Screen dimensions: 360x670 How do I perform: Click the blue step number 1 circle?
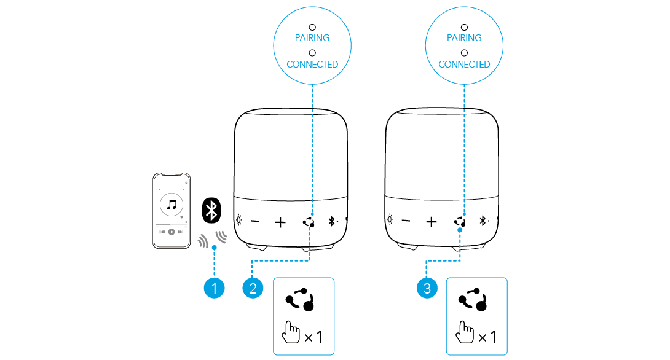pos(215,287)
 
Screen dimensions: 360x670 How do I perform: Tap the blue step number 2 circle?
pos(253,287)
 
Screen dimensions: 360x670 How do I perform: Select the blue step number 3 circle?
pos(427,287)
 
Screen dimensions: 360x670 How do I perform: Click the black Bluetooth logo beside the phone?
pos(212,211)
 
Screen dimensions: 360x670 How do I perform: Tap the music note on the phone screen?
pos(171,205)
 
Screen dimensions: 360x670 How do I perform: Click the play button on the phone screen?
pos(171,232)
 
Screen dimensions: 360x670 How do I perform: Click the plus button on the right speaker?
pos(432,221)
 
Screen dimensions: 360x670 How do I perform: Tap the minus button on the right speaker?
pos(406,221)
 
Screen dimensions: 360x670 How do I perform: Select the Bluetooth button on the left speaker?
pos(332,221)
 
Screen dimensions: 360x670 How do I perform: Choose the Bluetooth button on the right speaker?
pos(483,221)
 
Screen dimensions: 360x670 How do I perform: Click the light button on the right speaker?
pos(389,221)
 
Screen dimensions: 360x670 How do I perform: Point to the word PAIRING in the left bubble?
pos(312,38)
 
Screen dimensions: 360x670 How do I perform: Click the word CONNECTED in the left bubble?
pos(312,65)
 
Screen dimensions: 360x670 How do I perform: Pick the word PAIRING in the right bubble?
pos(464,38)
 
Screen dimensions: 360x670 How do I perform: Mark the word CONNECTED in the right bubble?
pos(464,65)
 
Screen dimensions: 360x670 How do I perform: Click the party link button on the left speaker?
pos(309,221)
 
